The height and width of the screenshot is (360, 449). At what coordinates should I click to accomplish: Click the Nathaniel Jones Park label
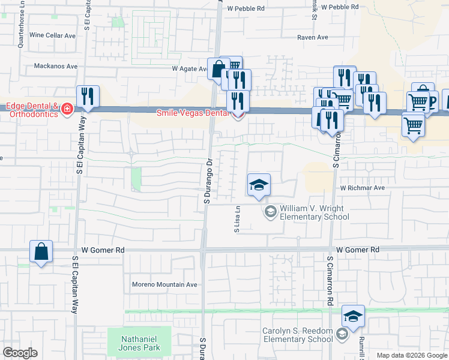pos(139,343)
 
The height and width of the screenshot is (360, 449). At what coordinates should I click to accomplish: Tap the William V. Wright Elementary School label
pos(314,212)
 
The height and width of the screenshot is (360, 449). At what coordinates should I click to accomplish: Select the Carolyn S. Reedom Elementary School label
pos(298,335)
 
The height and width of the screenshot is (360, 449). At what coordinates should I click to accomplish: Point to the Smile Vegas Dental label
pos(193,113)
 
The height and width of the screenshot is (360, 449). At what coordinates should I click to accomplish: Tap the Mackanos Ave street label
pos(56,66)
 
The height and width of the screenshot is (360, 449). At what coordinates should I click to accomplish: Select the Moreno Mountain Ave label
pos(164,284)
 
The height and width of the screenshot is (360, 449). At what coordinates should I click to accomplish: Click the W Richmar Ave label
pos(362,188)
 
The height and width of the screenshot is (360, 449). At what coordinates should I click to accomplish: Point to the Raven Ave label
pos(313,37)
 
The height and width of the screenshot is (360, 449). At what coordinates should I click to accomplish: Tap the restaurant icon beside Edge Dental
pos(88,97)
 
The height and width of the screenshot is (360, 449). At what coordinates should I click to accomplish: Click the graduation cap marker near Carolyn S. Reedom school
pos(353,317)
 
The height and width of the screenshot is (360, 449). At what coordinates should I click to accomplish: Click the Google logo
pos(20,353)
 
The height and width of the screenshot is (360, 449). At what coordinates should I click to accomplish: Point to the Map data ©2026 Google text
pos(412,355)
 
